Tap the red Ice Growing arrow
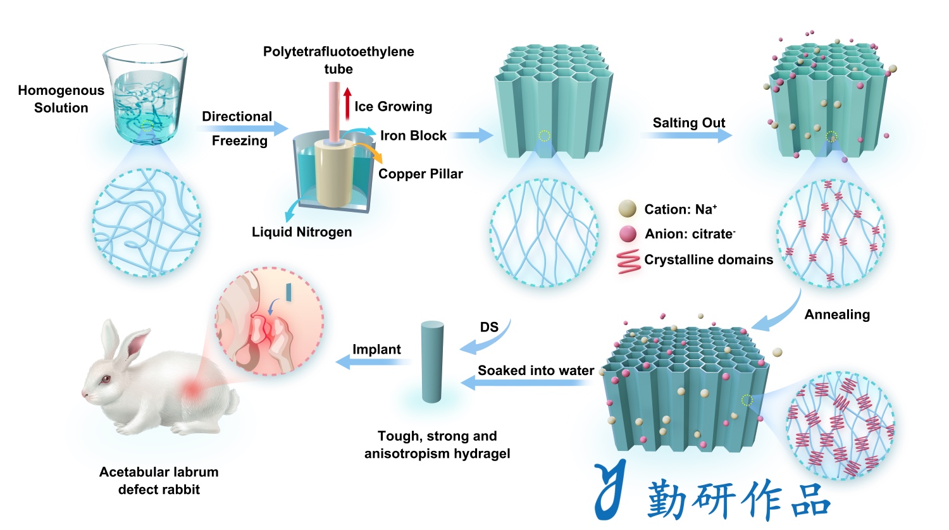click(347, 104)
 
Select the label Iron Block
click(413, 135)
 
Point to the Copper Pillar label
click(420, 174)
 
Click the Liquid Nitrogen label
click(302, 232)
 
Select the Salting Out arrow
click(687, 135)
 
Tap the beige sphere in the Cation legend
click(628, 209)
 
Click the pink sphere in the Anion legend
click(628, 233)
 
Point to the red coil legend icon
click(629, 261)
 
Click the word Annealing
click(837, 314)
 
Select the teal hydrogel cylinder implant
click(432, 362)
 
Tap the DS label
click(489, 327)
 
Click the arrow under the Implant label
click(373, 362)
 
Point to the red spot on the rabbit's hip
click(193, 388)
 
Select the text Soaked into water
click(536, 370)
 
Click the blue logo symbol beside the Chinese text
click(611, 490)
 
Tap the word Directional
click(237, 116)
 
